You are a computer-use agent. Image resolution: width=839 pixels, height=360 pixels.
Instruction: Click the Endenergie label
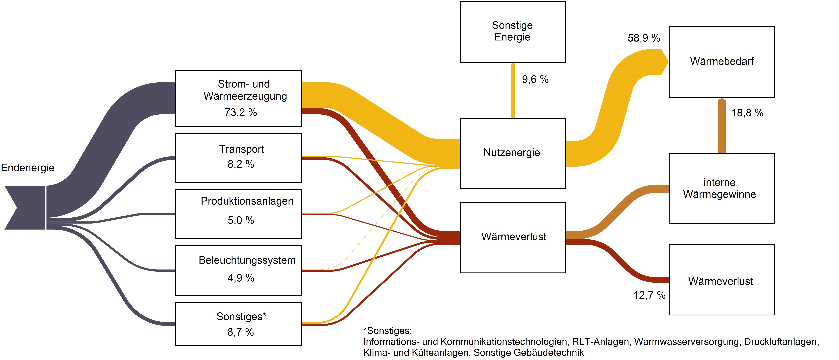pos(28,168)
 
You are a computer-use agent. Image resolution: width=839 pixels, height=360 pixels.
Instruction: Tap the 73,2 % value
pos(241,112)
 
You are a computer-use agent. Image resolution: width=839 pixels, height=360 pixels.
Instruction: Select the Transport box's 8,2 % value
pos(241,164)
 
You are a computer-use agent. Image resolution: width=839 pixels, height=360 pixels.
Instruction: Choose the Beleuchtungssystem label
pos(247,260)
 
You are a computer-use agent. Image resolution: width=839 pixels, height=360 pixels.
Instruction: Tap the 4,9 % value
pos(241,278)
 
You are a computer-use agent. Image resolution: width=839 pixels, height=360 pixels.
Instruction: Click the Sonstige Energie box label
pos(512,31)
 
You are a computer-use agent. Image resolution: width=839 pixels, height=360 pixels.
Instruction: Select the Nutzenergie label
pos(512,153)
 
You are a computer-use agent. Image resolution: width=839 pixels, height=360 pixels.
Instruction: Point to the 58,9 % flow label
pos(644,38)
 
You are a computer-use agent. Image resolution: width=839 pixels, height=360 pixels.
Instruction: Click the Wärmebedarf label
pos(722,61)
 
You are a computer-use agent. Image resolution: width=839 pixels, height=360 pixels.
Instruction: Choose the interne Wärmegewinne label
pos(719,188)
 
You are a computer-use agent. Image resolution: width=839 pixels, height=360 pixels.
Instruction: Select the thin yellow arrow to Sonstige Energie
pos(513,91)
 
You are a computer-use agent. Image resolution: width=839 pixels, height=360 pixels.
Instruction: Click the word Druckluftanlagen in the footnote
pos(781,342)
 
